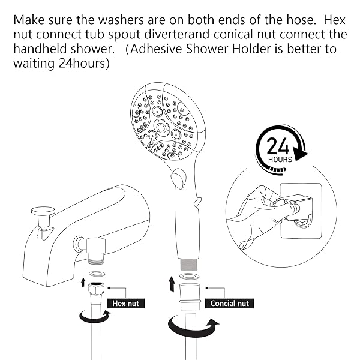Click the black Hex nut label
coord(126,303)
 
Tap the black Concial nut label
coord(230,303)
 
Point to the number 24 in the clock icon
coord(278,146)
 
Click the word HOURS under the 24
coord(280,160)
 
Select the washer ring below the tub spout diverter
coord(97,274)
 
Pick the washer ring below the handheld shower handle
coord(189,276)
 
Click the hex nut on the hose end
coord(97,289)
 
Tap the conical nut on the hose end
coord(190,297)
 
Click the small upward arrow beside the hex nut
coord(83,282)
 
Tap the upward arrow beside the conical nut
coord(172,284)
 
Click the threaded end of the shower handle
coord(189,265)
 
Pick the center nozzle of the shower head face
coord(161,127)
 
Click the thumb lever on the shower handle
coord(178,178)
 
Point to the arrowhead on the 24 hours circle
coord(301,155)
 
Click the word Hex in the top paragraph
coord(334,20)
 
